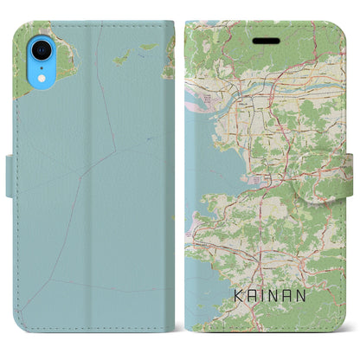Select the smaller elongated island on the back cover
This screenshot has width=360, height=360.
(148, 47)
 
